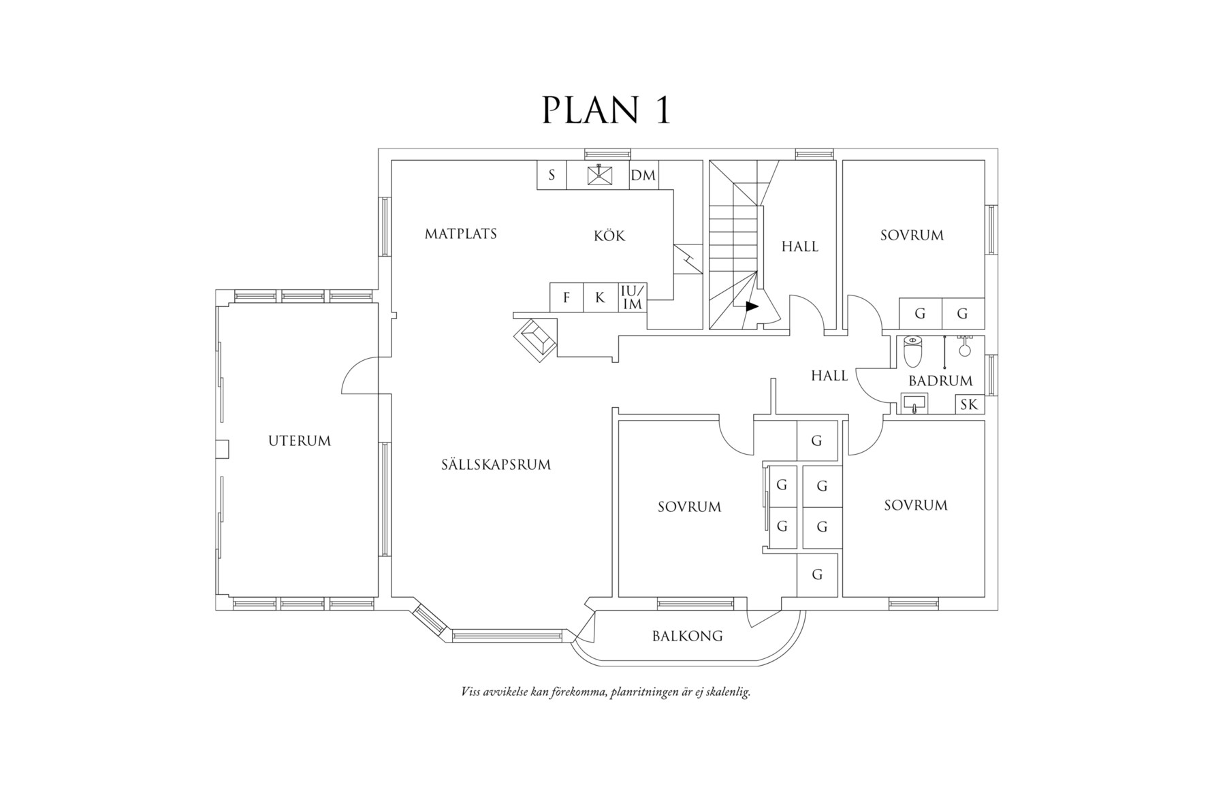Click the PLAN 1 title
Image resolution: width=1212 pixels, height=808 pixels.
click(x=606, y=110)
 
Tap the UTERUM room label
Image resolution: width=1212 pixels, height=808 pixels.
click(x=300, y=441)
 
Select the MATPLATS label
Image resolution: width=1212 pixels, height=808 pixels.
click(x=461, y=234)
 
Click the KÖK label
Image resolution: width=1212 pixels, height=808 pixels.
click(x=609, y=236)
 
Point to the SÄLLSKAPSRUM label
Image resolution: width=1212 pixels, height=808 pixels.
click(x=496, y=465)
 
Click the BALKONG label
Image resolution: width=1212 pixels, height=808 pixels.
click(x=687, y=636)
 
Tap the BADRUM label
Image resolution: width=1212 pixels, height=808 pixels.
click(x=940, y=381)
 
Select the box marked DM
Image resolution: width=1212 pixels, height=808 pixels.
click(x=643, y=176)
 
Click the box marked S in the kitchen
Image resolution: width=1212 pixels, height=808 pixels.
click(x=552, y=176)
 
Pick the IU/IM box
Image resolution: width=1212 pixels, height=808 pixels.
click(x=633, y=298)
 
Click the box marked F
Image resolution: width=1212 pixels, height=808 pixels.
click(x=567, y=298)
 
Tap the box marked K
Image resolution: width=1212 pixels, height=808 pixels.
click(x=600, y=298)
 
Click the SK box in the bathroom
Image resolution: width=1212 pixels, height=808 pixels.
click(x=969, y=405)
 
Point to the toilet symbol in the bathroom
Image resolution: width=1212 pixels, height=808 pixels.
click(x=912, y=350)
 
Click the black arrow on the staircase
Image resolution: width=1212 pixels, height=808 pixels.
click(x=751, y=307)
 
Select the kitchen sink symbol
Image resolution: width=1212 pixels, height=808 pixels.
click(x=599, y=174)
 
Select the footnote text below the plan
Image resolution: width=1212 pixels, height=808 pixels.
click(x=605, y=692)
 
